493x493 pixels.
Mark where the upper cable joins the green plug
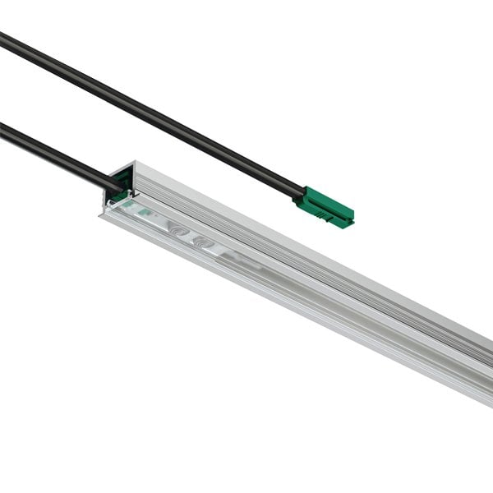pyautogui.click(x=301, y=195)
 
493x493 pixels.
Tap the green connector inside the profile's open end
pyautogui.click(x=120, y=196)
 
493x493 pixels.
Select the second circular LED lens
pyautogui.click(x=200, y=240)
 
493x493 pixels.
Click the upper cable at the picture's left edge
pyautogui.click(x=3, y=37)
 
